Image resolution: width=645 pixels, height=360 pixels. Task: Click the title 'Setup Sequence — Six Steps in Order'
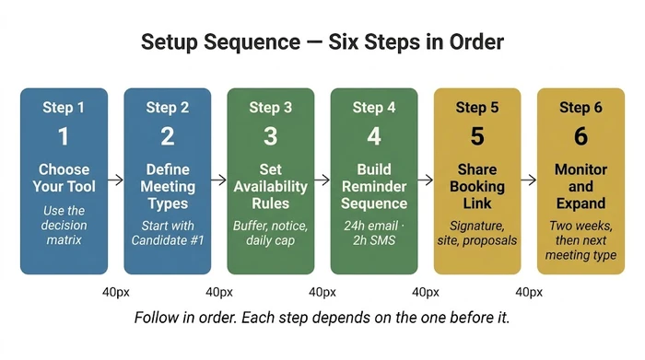tap(322, 42)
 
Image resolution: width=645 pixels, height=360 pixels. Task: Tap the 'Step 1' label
tap(64, 108)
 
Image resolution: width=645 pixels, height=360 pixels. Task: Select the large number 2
tap(167, 137)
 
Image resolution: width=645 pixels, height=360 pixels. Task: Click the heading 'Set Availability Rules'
tap(270, 186)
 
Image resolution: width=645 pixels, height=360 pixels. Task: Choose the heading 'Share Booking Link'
tap(476, 186)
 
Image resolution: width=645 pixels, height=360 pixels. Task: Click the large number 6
tap(580, 137)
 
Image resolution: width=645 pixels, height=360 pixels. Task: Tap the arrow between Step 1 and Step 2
tap(115, 180)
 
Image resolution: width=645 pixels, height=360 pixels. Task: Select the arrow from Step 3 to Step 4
tap(322, 180)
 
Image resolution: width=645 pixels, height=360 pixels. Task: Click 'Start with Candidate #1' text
tap(167, 234)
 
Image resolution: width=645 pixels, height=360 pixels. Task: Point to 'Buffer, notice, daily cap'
tap(270, 234)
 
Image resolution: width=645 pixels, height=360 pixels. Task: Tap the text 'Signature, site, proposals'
tap(476, 234)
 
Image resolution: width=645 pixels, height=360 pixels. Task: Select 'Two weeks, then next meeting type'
tap(580, 241)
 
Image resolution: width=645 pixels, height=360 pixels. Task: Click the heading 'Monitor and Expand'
tap(580, 186)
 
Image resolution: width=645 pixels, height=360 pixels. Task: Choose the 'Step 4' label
tap(373, 108)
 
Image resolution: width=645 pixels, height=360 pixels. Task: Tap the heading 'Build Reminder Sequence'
tap(373, 186)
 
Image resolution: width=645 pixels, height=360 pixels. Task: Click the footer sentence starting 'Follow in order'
tap(322, 318)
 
